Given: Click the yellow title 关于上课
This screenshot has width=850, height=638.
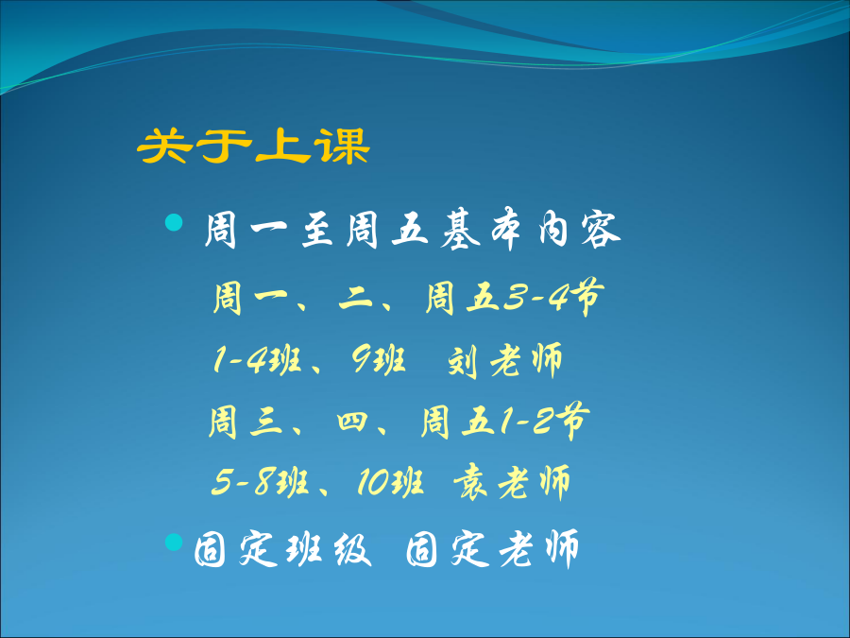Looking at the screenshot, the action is point(253,146).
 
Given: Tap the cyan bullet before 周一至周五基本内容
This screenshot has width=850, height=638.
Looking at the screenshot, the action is point(174,222).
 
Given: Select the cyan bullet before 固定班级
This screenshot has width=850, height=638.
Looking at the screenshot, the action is point(174,542).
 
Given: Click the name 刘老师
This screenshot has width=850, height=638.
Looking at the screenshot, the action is point(505,361).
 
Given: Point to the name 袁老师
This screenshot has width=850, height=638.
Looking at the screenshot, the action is point(511,482).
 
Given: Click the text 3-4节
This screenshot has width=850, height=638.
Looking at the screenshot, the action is point(553,297).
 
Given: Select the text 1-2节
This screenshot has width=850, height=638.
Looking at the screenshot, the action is point(544,421).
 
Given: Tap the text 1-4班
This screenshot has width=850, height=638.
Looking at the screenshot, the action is point(257,360).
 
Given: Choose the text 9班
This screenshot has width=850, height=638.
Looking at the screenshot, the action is point(379,360).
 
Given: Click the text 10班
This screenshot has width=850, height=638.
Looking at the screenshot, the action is point(390,482).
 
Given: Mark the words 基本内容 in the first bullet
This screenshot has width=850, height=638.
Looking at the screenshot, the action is point(530,229).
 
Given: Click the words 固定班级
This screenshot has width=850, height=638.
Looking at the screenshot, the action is point(282,549).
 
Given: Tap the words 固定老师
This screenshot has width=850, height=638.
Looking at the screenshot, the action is point(492,549).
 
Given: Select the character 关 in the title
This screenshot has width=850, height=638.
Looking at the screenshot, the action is point(164,146).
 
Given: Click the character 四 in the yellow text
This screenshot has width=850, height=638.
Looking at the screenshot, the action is point(352,422).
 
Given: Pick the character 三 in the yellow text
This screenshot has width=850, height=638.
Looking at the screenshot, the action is point(266,422).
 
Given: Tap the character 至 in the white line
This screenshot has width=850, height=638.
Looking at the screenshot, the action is point(317,230).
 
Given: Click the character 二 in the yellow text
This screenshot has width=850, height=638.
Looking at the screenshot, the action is point(356,299).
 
